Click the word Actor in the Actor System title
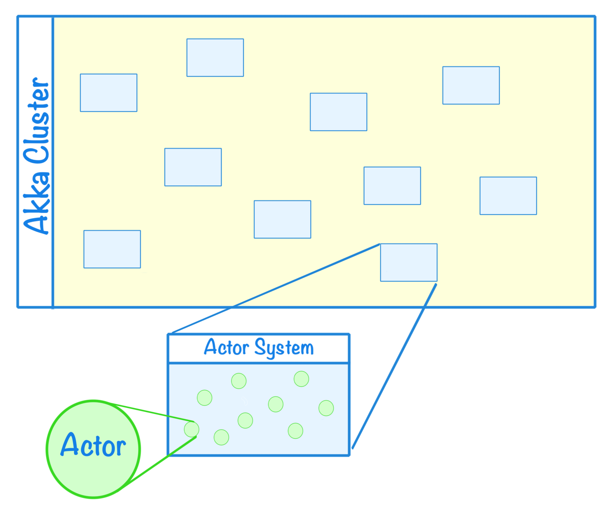tap(226, 347)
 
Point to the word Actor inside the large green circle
tap(93, 446)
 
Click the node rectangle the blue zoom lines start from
tap(408, 262)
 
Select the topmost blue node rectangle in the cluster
tap(215, 58)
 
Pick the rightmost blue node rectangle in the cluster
tap(508, 196)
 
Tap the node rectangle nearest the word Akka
tap(112, 249)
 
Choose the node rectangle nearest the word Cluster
tap(108, 93)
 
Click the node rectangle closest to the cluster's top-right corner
tap(471, 85)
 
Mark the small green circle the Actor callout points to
tap(192, 429)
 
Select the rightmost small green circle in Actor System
tap(326, 408)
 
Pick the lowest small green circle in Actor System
tap(221, 437)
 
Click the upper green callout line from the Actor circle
tap(151, 413)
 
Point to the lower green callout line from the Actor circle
tap(159, 461)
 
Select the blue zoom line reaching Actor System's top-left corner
tap(276, 288)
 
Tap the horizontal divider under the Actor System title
tap(259, 363)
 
